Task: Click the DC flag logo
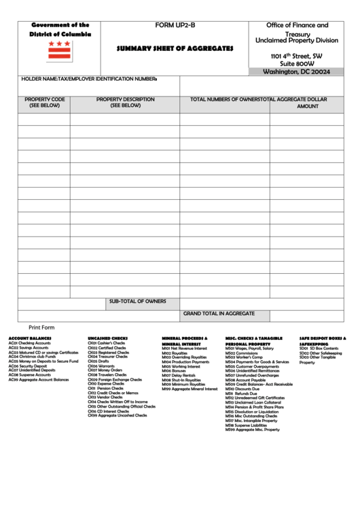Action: coord(59,50)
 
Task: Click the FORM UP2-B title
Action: coord(175,25)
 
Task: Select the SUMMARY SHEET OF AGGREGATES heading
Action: coord(175,49)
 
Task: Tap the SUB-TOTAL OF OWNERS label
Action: coord(138,301)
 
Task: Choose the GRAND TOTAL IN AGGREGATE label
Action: coord(219,313)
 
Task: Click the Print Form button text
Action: coord(41,328)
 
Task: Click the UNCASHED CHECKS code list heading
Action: coord(107,338)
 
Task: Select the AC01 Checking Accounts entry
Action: coord(29,343)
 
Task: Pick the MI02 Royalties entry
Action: coord(175,353)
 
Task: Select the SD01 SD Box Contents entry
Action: coord(319,349)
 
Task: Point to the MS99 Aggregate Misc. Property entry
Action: coord(252,429)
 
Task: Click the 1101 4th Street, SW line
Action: coord(296,56)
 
